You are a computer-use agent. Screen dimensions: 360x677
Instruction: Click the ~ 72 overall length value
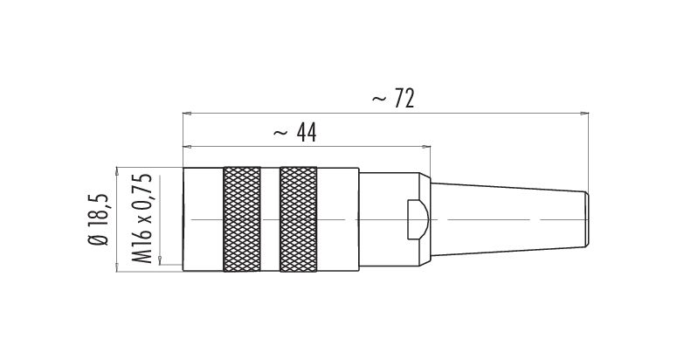click(x=391, y=99)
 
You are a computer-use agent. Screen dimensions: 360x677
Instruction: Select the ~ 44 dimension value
click(x=294, y=133)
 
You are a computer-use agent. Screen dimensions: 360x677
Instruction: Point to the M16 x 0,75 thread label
click(x=143, y=219)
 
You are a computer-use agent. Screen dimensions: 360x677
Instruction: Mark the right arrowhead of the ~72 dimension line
click(x=583, y=113)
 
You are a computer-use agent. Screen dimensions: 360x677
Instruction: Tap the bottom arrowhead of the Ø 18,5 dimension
click(x=116, y=267)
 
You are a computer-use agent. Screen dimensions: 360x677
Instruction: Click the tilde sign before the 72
click(x=376, y=100)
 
